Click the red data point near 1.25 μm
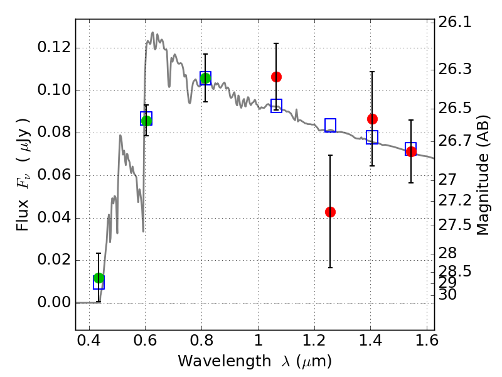330,212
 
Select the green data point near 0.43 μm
99,278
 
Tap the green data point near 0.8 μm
206,78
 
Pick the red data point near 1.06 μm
276,77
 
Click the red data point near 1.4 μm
372,119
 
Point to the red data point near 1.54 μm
411,151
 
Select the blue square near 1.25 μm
331,125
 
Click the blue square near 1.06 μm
276,106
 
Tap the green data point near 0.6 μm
146,121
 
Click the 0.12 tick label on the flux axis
53,48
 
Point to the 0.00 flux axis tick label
53,302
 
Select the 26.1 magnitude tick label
454,23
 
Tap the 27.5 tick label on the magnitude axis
454,225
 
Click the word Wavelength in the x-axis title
225,361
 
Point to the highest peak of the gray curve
152,32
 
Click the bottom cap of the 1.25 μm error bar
330,268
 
